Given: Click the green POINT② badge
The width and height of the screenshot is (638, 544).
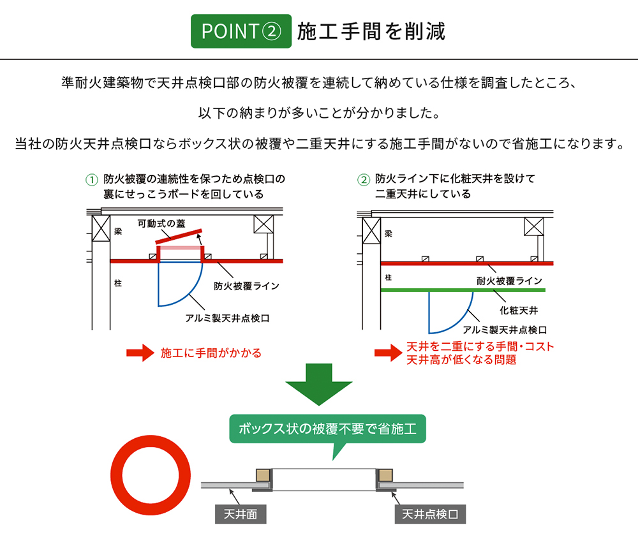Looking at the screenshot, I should [241, 31].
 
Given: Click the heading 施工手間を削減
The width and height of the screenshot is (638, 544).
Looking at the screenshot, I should [371, 31].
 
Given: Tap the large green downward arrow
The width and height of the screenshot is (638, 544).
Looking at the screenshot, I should [318, 384].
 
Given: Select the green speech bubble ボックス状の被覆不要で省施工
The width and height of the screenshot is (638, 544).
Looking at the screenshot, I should [327, 429].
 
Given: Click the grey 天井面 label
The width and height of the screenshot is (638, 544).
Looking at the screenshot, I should [241, 514].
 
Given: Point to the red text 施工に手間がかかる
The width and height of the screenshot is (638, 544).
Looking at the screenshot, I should [211, 353].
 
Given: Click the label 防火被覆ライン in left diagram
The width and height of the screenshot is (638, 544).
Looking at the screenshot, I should [246, 286].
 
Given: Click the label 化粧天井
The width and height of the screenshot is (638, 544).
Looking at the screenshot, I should [518, 311].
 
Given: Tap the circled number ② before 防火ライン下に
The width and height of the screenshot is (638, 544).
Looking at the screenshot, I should [364, 179].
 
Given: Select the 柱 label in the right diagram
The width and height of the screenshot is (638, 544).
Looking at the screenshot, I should [388, 278].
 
